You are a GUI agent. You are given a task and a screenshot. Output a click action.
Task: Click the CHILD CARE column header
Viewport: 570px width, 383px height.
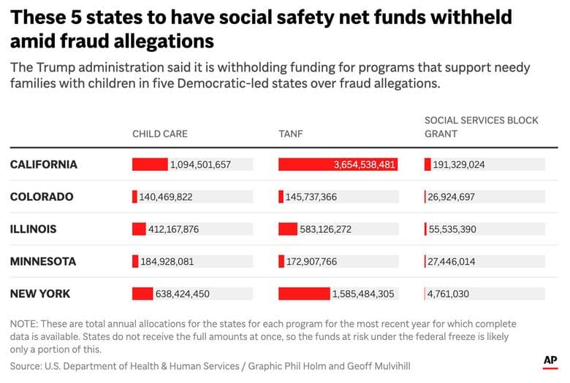pyautogui.click(x=159, y=134)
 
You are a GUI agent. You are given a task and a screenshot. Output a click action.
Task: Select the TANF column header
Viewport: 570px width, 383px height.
pyautogui.click(x=290, y=134)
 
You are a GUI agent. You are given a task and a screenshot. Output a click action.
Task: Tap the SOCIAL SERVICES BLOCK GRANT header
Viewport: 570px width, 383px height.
pyautogui.click(x=481, y=127)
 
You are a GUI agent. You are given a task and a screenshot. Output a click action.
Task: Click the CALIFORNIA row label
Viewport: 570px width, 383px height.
pyautogui.click(x=43, y=165)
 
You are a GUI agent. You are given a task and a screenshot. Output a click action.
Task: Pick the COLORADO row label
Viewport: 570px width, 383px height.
pyautogui.click(x=42, y=197)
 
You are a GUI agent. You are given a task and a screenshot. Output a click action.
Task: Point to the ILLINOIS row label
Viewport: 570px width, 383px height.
pyautogui.click(x=33, y=229)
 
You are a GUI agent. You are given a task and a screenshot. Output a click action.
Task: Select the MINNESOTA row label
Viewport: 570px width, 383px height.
pyautogui.click(x=42, y=261)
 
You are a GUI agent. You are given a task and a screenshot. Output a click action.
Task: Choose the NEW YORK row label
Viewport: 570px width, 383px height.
pyautogui.click(x=40, y=293)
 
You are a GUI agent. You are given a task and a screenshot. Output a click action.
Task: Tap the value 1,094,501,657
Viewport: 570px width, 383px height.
pyautogui.click(x=200, y=165)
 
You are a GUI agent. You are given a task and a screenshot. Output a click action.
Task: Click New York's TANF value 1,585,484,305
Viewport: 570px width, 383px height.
pyautogui.click(x=363, y=294)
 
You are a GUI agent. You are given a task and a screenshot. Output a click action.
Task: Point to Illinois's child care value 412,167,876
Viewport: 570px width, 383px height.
pyautogui.click(x=174, y=229)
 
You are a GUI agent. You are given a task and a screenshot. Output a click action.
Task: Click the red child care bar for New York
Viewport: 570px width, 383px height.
pyautogui.click(x=142, y=293)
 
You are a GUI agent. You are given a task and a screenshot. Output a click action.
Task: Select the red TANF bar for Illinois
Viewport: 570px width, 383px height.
pyautogui.click(x=288, y=229)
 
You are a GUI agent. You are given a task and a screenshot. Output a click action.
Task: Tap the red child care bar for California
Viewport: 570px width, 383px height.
pyautogui.click(x=150, y=165)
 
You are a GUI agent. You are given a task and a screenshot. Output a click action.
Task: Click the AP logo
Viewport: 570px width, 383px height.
pyautogui.click(x=550, y=360)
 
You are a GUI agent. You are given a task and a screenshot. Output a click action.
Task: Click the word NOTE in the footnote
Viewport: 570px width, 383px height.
pyautogui.click(x=23, y=324)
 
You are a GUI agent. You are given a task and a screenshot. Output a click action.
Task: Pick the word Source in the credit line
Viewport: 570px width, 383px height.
pyautogui.click(x=25, y=365)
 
